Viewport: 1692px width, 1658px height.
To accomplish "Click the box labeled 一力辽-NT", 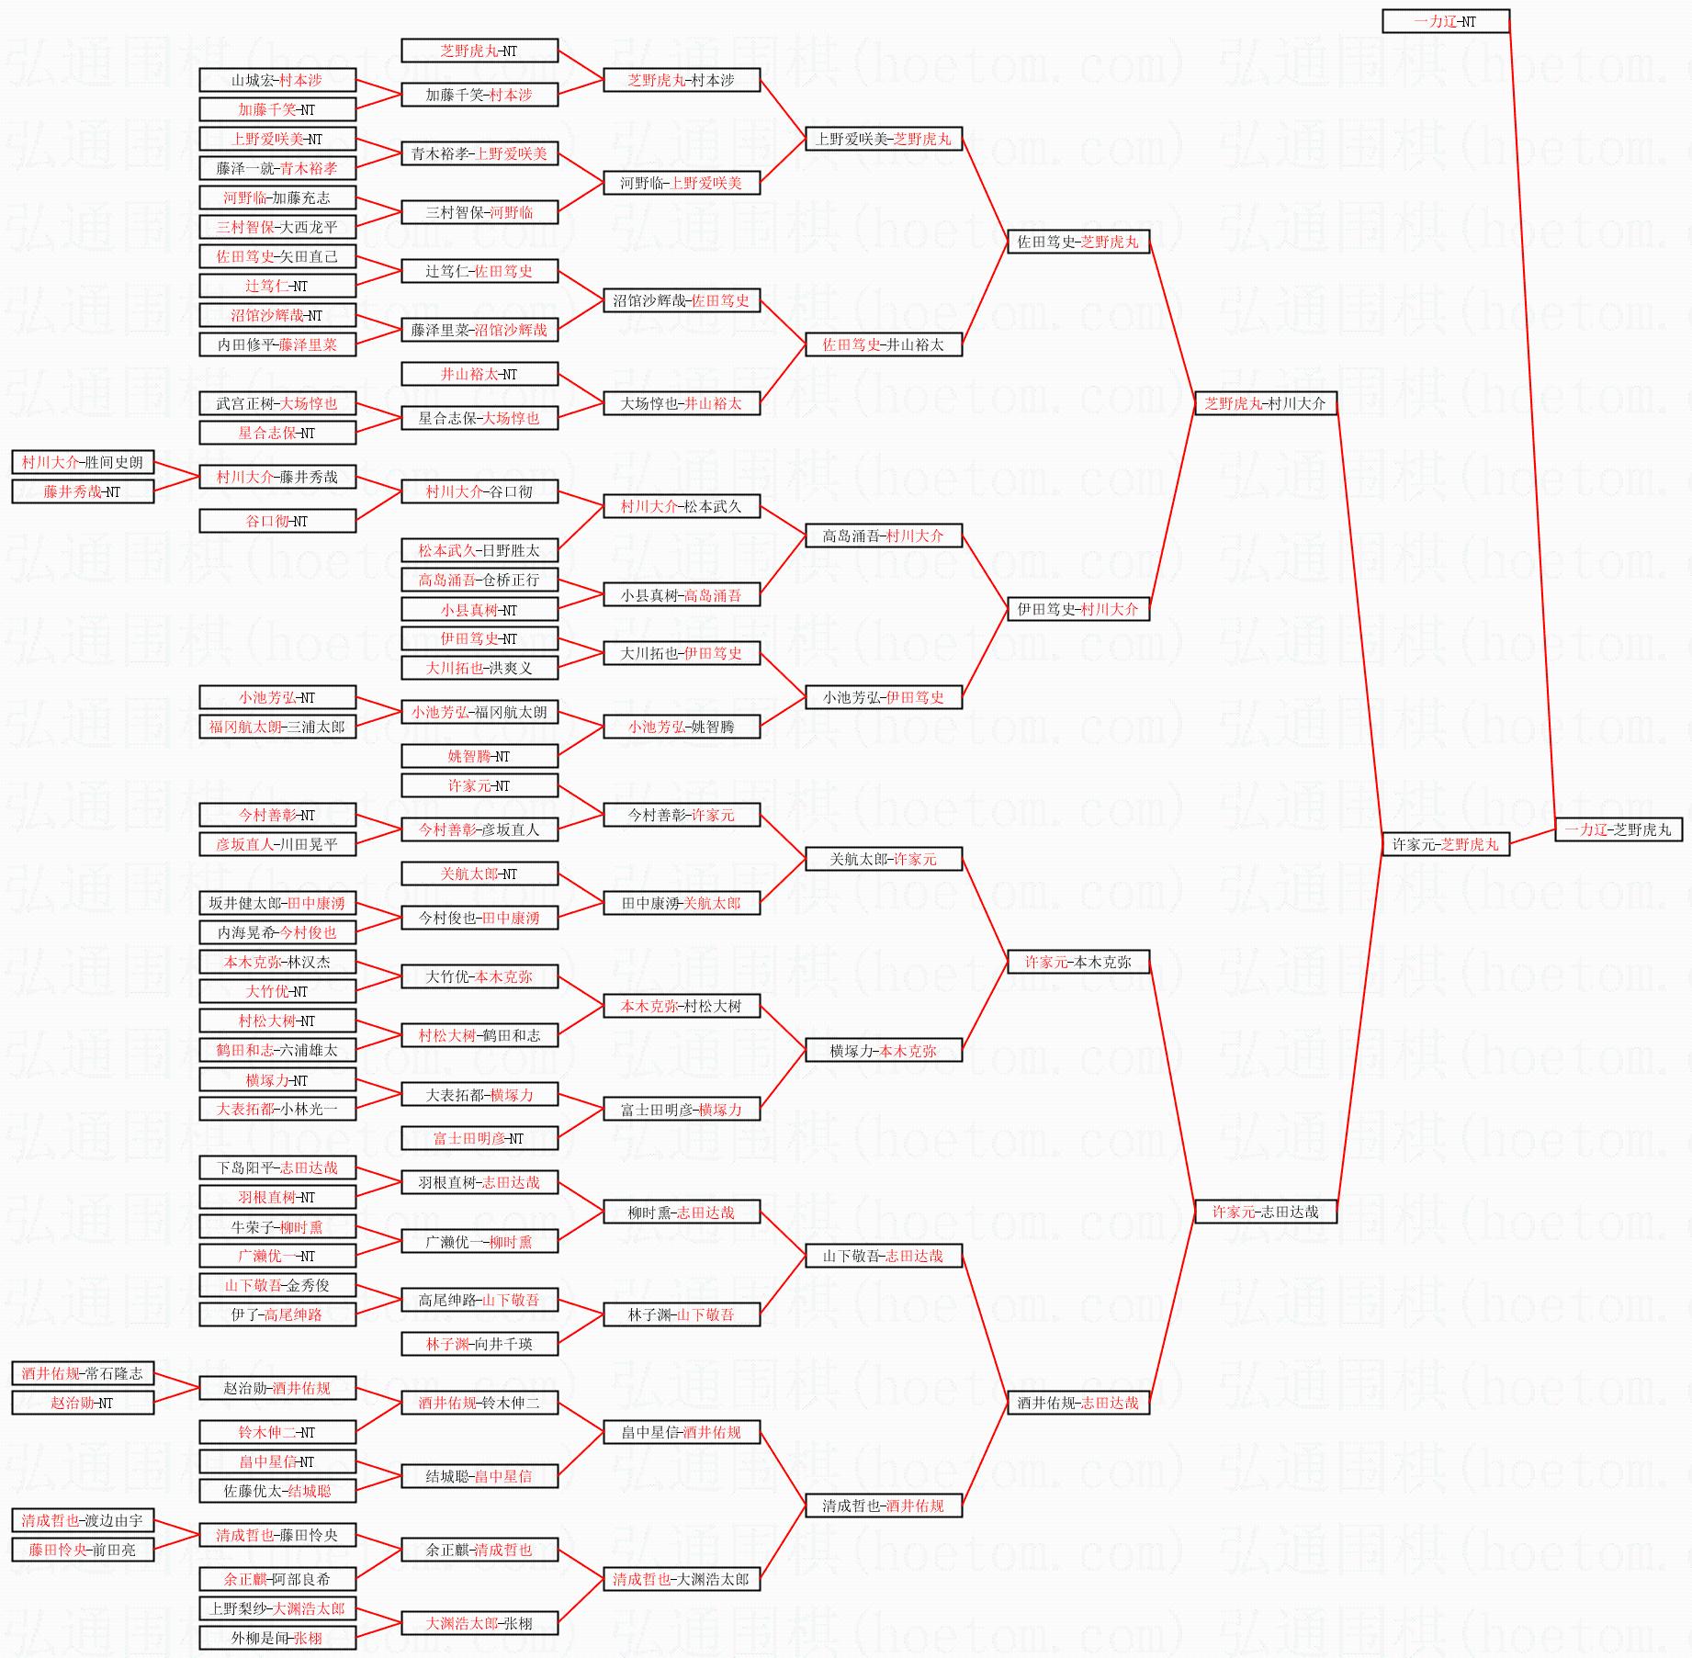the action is coord(1446,21).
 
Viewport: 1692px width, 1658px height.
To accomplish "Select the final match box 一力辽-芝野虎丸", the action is coord(1619,829).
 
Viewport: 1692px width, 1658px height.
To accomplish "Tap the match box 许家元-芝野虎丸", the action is coord(1446,844).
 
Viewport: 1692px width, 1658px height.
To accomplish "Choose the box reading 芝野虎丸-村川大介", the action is coord(1266,403).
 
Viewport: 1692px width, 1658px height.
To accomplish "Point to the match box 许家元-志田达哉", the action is coord(1266,1212).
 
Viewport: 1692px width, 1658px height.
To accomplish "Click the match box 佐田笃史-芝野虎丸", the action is coord(1078,242).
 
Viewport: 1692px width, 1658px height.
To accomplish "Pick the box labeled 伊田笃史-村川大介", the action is coord(1078,609).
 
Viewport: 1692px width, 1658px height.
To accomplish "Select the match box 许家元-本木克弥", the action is coord(1078,962).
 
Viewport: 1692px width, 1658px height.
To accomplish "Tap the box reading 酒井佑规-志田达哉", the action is coord(1078,1403).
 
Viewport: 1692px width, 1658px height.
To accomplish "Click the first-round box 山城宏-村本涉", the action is coord(277,80).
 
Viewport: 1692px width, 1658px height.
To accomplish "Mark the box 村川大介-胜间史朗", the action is coord(83,462).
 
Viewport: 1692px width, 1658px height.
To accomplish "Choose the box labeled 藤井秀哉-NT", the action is coord(83,491).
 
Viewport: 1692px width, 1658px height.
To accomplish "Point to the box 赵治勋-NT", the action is coord(83,1403).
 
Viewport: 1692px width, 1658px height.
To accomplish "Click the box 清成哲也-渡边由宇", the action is coord(83,1520).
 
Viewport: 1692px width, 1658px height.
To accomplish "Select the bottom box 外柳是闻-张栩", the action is coord(277,1638).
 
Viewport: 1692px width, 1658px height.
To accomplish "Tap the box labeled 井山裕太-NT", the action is coord(479,374).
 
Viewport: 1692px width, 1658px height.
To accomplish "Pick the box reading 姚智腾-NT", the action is coord(479,756).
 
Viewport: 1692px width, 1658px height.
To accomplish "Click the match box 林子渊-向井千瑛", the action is coord(479,1344).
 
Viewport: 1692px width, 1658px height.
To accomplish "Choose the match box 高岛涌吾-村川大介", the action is coord(884,536).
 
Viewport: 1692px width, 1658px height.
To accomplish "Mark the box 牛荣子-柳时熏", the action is coord(277,1226).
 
